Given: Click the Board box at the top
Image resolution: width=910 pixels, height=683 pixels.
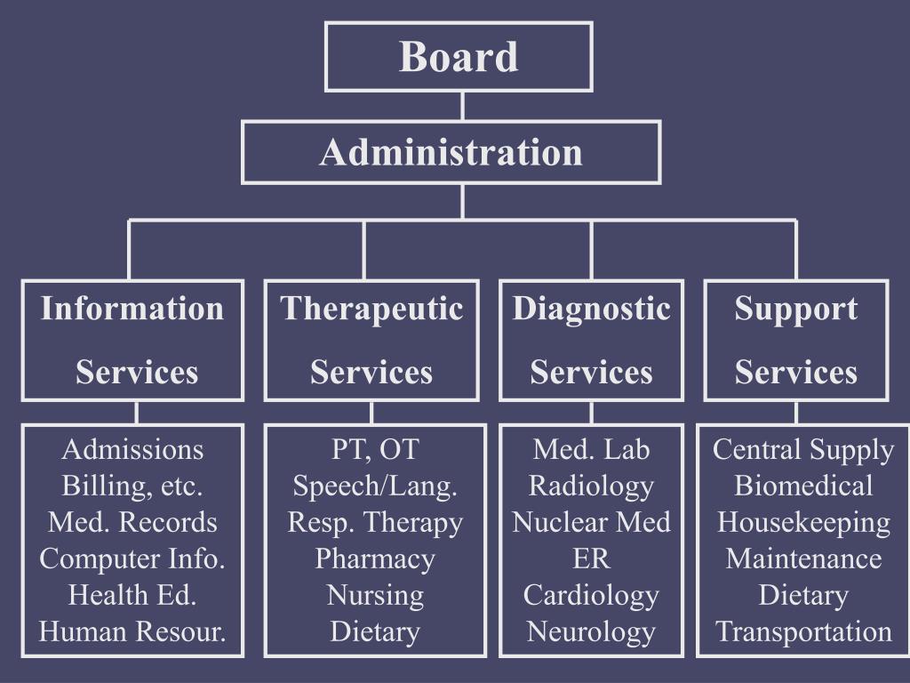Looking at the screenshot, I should click(459, 57).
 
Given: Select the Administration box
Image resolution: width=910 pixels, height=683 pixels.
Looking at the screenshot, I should click(451, 152).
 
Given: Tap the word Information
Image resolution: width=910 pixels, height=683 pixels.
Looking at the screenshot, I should click(132, 309).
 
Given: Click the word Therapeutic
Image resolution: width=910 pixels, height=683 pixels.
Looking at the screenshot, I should click(371, 309).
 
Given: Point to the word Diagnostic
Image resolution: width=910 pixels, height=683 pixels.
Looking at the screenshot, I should click(591, 309).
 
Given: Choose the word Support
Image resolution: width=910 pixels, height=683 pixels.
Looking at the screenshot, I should click(795, 309).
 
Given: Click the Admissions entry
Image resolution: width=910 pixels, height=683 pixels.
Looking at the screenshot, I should click(132, 450).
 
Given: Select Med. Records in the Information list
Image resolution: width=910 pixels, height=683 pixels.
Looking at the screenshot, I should click(132, 523).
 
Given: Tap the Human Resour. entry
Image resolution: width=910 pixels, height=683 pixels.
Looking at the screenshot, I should click(132, 632).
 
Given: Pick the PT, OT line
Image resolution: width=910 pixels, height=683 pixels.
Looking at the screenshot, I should click(375, 450).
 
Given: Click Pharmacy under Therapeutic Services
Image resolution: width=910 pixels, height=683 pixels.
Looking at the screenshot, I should click(375, 559).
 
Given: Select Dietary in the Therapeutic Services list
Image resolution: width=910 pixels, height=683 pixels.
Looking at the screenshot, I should click(375, 632).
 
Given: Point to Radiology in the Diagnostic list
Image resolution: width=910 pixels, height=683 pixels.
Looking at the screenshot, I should click(591, 486).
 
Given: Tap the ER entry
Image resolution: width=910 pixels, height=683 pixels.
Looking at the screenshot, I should click(591, 559).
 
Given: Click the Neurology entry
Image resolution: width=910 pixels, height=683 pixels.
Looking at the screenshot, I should click(591, 632).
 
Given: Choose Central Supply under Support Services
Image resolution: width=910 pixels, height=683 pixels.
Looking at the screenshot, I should click(803, 450).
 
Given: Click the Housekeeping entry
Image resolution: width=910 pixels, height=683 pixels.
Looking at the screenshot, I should click(803, 523).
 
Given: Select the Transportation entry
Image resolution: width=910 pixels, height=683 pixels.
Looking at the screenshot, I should click(803, 632).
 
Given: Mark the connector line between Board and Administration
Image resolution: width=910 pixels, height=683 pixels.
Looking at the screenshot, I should click(462, 107).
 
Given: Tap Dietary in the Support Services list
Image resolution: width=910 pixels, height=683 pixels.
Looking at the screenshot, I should click(803, 596).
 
